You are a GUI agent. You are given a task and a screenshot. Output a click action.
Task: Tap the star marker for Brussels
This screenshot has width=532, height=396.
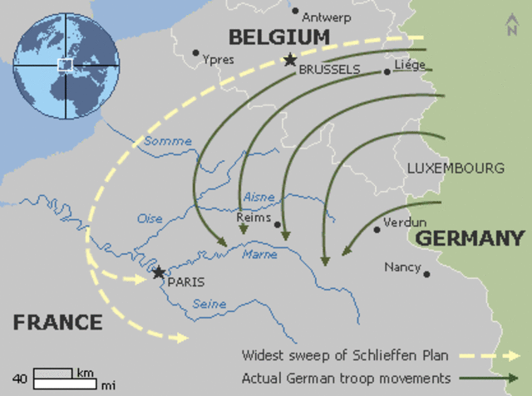point(289,60)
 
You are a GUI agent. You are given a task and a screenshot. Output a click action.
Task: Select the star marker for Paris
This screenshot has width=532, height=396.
point(159,272)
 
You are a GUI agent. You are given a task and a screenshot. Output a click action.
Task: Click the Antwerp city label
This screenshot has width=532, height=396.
point(327,17)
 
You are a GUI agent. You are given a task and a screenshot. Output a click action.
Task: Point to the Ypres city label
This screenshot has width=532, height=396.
point(219,60)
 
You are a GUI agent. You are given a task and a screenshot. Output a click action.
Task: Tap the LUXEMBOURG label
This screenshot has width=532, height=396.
point(456,168)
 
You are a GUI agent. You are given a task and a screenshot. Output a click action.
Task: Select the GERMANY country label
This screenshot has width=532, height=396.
point(470,238)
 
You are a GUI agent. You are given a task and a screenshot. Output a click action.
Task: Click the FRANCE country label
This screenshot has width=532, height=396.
point(57,322)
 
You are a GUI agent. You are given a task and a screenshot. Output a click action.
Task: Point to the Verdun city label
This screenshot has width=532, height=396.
point(406,222)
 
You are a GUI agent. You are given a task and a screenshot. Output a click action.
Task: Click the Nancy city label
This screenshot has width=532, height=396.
point(401,267)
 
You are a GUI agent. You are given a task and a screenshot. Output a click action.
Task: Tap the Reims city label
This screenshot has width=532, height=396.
point(254,218)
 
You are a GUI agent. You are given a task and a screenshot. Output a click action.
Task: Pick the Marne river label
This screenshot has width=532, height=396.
point(259,255)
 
